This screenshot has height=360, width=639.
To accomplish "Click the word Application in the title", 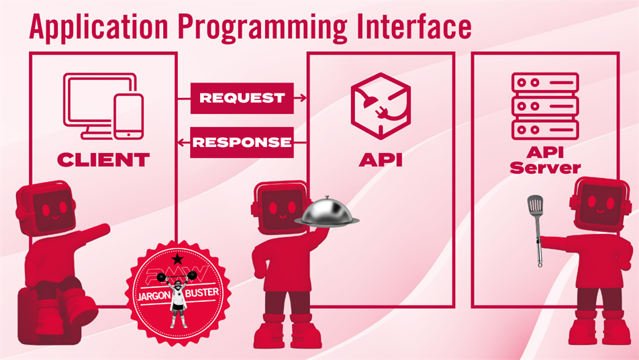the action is point(99,28).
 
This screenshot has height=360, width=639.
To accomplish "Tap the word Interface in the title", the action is point(414,26).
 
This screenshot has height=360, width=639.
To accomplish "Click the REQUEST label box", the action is point(242,98).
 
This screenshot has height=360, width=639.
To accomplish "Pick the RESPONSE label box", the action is point(242,142).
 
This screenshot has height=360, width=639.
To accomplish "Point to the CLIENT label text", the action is point(103,160).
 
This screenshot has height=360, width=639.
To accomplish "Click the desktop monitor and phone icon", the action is point(103,106).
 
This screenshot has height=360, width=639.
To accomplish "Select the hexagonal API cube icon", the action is point(381,106).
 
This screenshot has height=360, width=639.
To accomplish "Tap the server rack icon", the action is point(545,106).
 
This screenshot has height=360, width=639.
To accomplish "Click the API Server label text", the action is point(545,160).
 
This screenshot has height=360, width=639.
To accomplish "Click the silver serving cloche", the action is point(327,211).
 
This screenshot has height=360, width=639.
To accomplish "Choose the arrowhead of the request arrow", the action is point(302,98).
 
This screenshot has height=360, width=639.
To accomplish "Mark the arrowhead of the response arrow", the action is point(181,142).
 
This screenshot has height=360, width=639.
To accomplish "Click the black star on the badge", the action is point(178,259).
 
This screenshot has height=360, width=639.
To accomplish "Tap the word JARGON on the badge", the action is point(153,295).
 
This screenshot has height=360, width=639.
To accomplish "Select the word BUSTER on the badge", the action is point(202,293).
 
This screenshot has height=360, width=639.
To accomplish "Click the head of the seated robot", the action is point(46,208).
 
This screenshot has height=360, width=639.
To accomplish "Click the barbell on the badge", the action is point(177,277).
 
